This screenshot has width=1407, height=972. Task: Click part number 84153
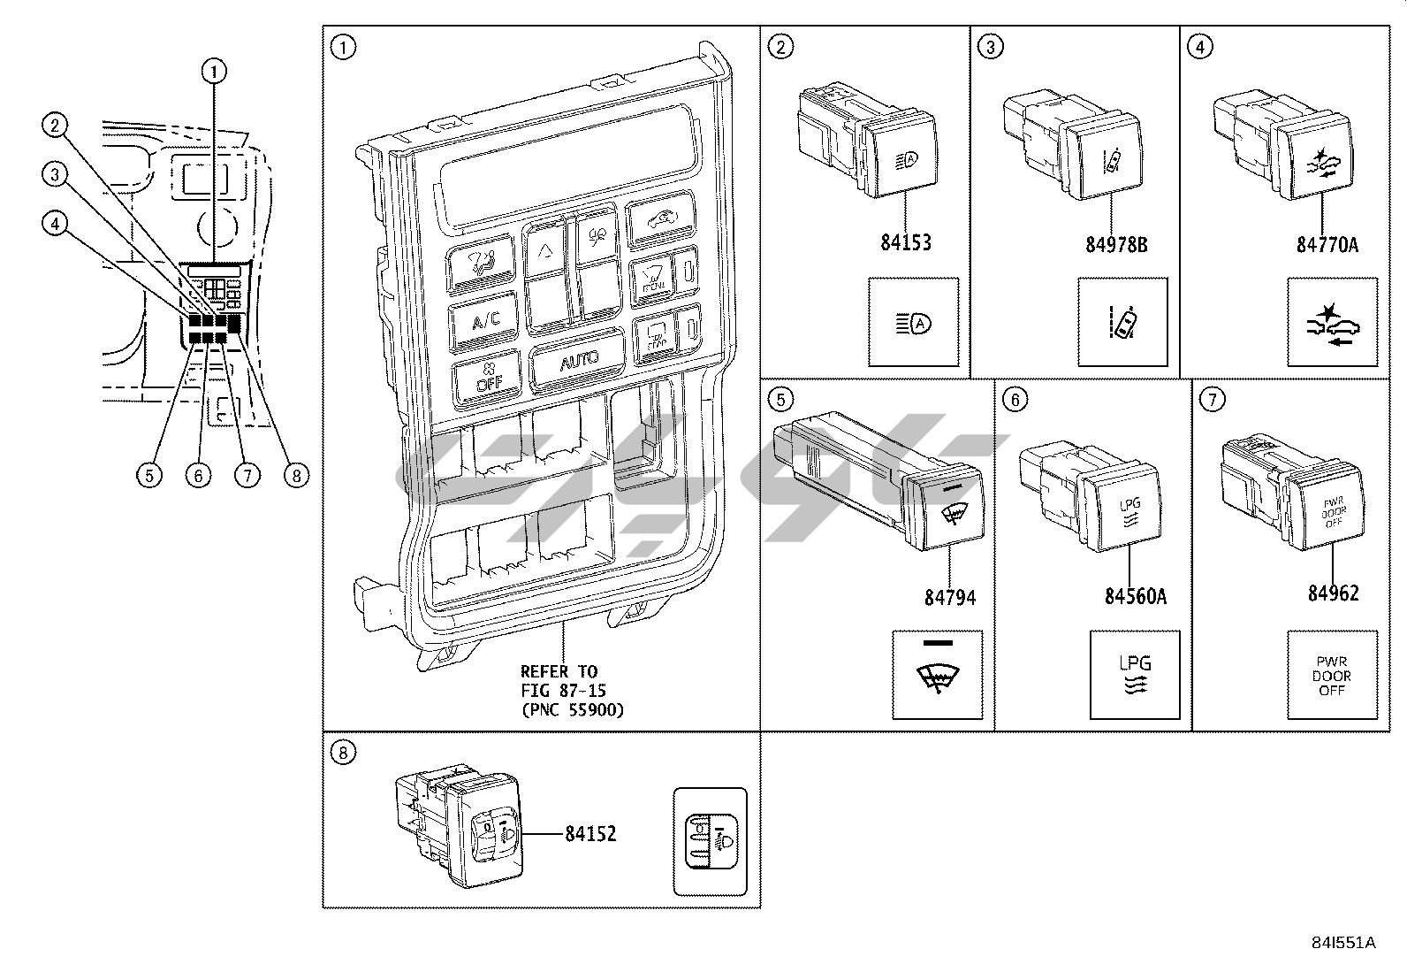906,241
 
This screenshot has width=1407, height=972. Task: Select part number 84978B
1116,244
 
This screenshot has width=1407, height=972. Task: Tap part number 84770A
1327,244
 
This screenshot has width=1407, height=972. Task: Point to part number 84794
950,598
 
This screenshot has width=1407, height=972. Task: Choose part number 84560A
1135,596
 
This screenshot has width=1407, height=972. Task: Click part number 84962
1334,593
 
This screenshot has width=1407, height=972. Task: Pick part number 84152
590,834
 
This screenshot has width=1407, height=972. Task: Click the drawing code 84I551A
1343,943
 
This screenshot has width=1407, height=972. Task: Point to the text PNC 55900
571,709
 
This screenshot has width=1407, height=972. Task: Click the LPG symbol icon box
1135,675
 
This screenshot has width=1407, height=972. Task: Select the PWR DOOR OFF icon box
1332,675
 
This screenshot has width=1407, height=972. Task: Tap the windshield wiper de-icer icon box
937,675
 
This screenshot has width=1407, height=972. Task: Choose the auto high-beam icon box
913,322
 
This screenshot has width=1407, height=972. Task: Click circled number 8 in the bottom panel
343,753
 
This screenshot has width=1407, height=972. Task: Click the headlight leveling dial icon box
710,841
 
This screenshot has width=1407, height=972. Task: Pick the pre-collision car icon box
1332,322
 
